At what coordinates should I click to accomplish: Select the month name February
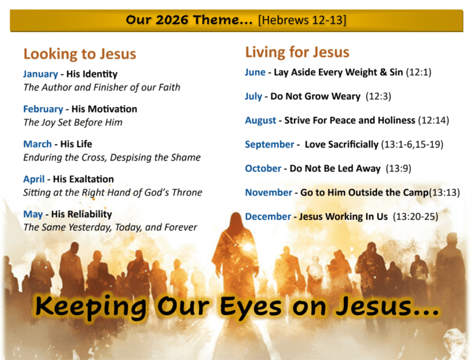point(43,109)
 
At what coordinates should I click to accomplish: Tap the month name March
point(38,144)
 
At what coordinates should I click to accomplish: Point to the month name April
point(34,179)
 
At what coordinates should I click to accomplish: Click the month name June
point(255,72)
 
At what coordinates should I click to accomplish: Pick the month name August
point(261,120)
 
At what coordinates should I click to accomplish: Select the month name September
point(270,145)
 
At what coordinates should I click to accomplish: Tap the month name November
point(269,193)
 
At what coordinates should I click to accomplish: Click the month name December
point(268,217)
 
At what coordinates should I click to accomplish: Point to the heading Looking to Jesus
point(79,54)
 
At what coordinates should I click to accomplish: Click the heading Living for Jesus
point(297,52)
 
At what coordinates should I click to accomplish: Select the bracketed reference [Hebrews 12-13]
point(302,20)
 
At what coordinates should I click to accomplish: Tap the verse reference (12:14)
point(434,120)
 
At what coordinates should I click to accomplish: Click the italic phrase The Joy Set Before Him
point(73,122)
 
